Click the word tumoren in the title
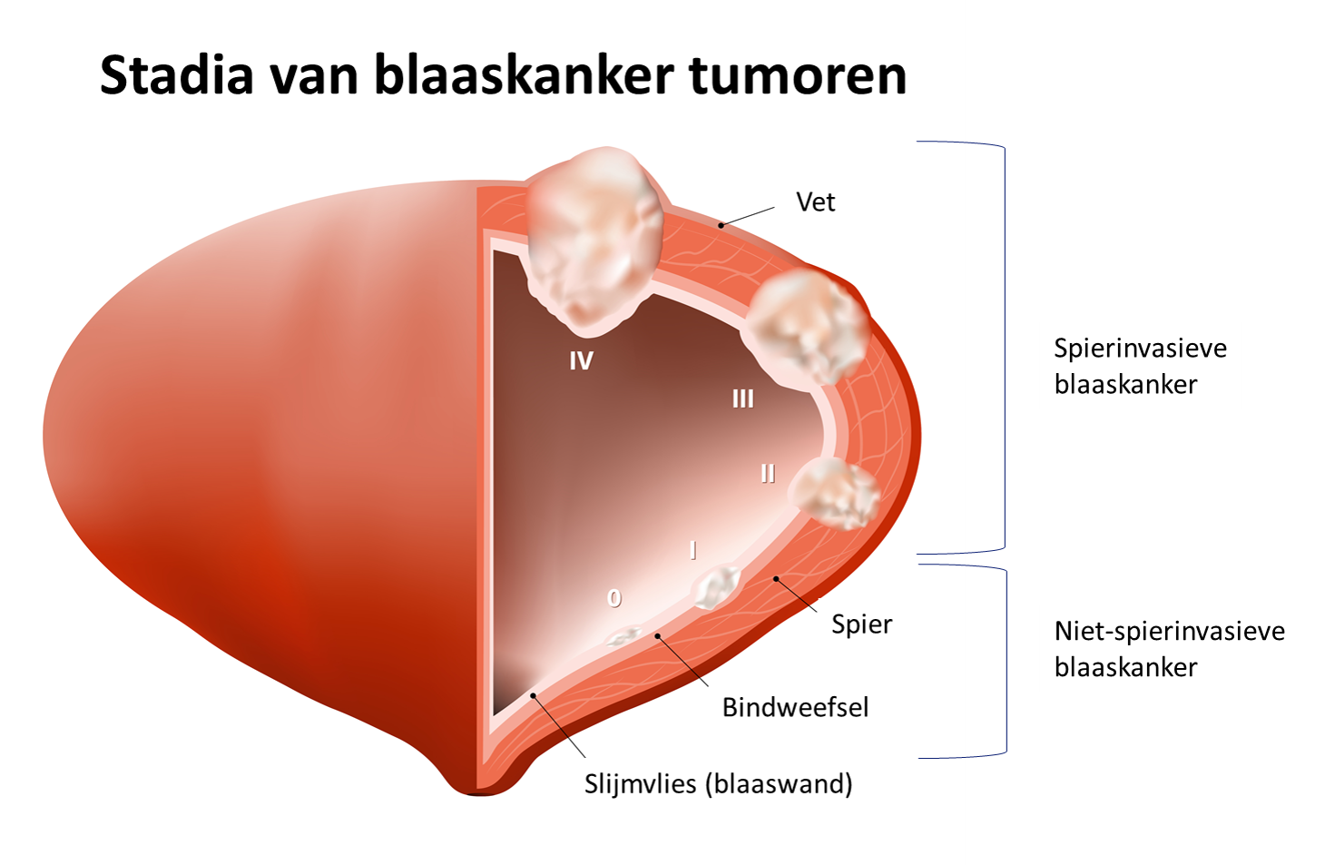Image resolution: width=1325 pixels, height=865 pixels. pos(798,74)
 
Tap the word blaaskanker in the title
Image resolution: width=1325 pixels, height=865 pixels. pos(525,74)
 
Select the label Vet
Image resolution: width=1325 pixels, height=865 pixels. pos(815,202)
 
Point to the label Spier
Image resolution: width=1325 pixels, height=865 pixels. pos(861,624)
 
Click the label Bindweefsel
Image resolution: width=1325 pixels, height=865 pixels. pos(795,707)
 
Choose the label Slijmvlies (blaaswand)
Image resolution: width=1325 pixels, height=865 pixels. pos(718,783)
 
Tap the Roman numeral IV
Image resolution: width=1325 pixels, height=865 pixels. pos(581,361)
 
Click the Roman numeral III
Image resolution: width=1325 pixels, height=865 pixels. pos(742,398)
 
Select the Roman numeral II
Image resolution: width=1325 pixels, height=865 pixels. pos(768,474)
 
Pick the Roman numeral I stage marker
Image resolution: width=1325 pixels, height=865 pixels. pos(693,550)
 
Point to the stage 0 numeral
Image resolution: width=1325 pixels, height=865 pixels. pos(614,598)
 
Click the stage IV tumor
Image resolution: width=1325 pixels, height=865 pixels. pos(594,241)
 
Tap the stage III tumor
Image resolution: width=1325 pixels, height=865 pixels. pos(802,327)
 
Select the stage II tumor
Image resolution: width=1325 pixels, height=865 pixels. pos(835,493)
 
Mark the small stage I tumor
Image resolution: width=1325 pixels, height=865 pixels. pos(717,586)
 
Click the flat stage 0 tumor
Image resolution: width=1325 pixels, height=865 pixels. pos(624,636)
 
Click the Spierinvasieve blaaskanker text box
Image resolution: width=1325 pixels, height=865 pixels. pos(1140,366)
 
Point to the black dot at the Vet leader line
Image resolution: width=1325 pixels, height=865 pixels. pos(721,224)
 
